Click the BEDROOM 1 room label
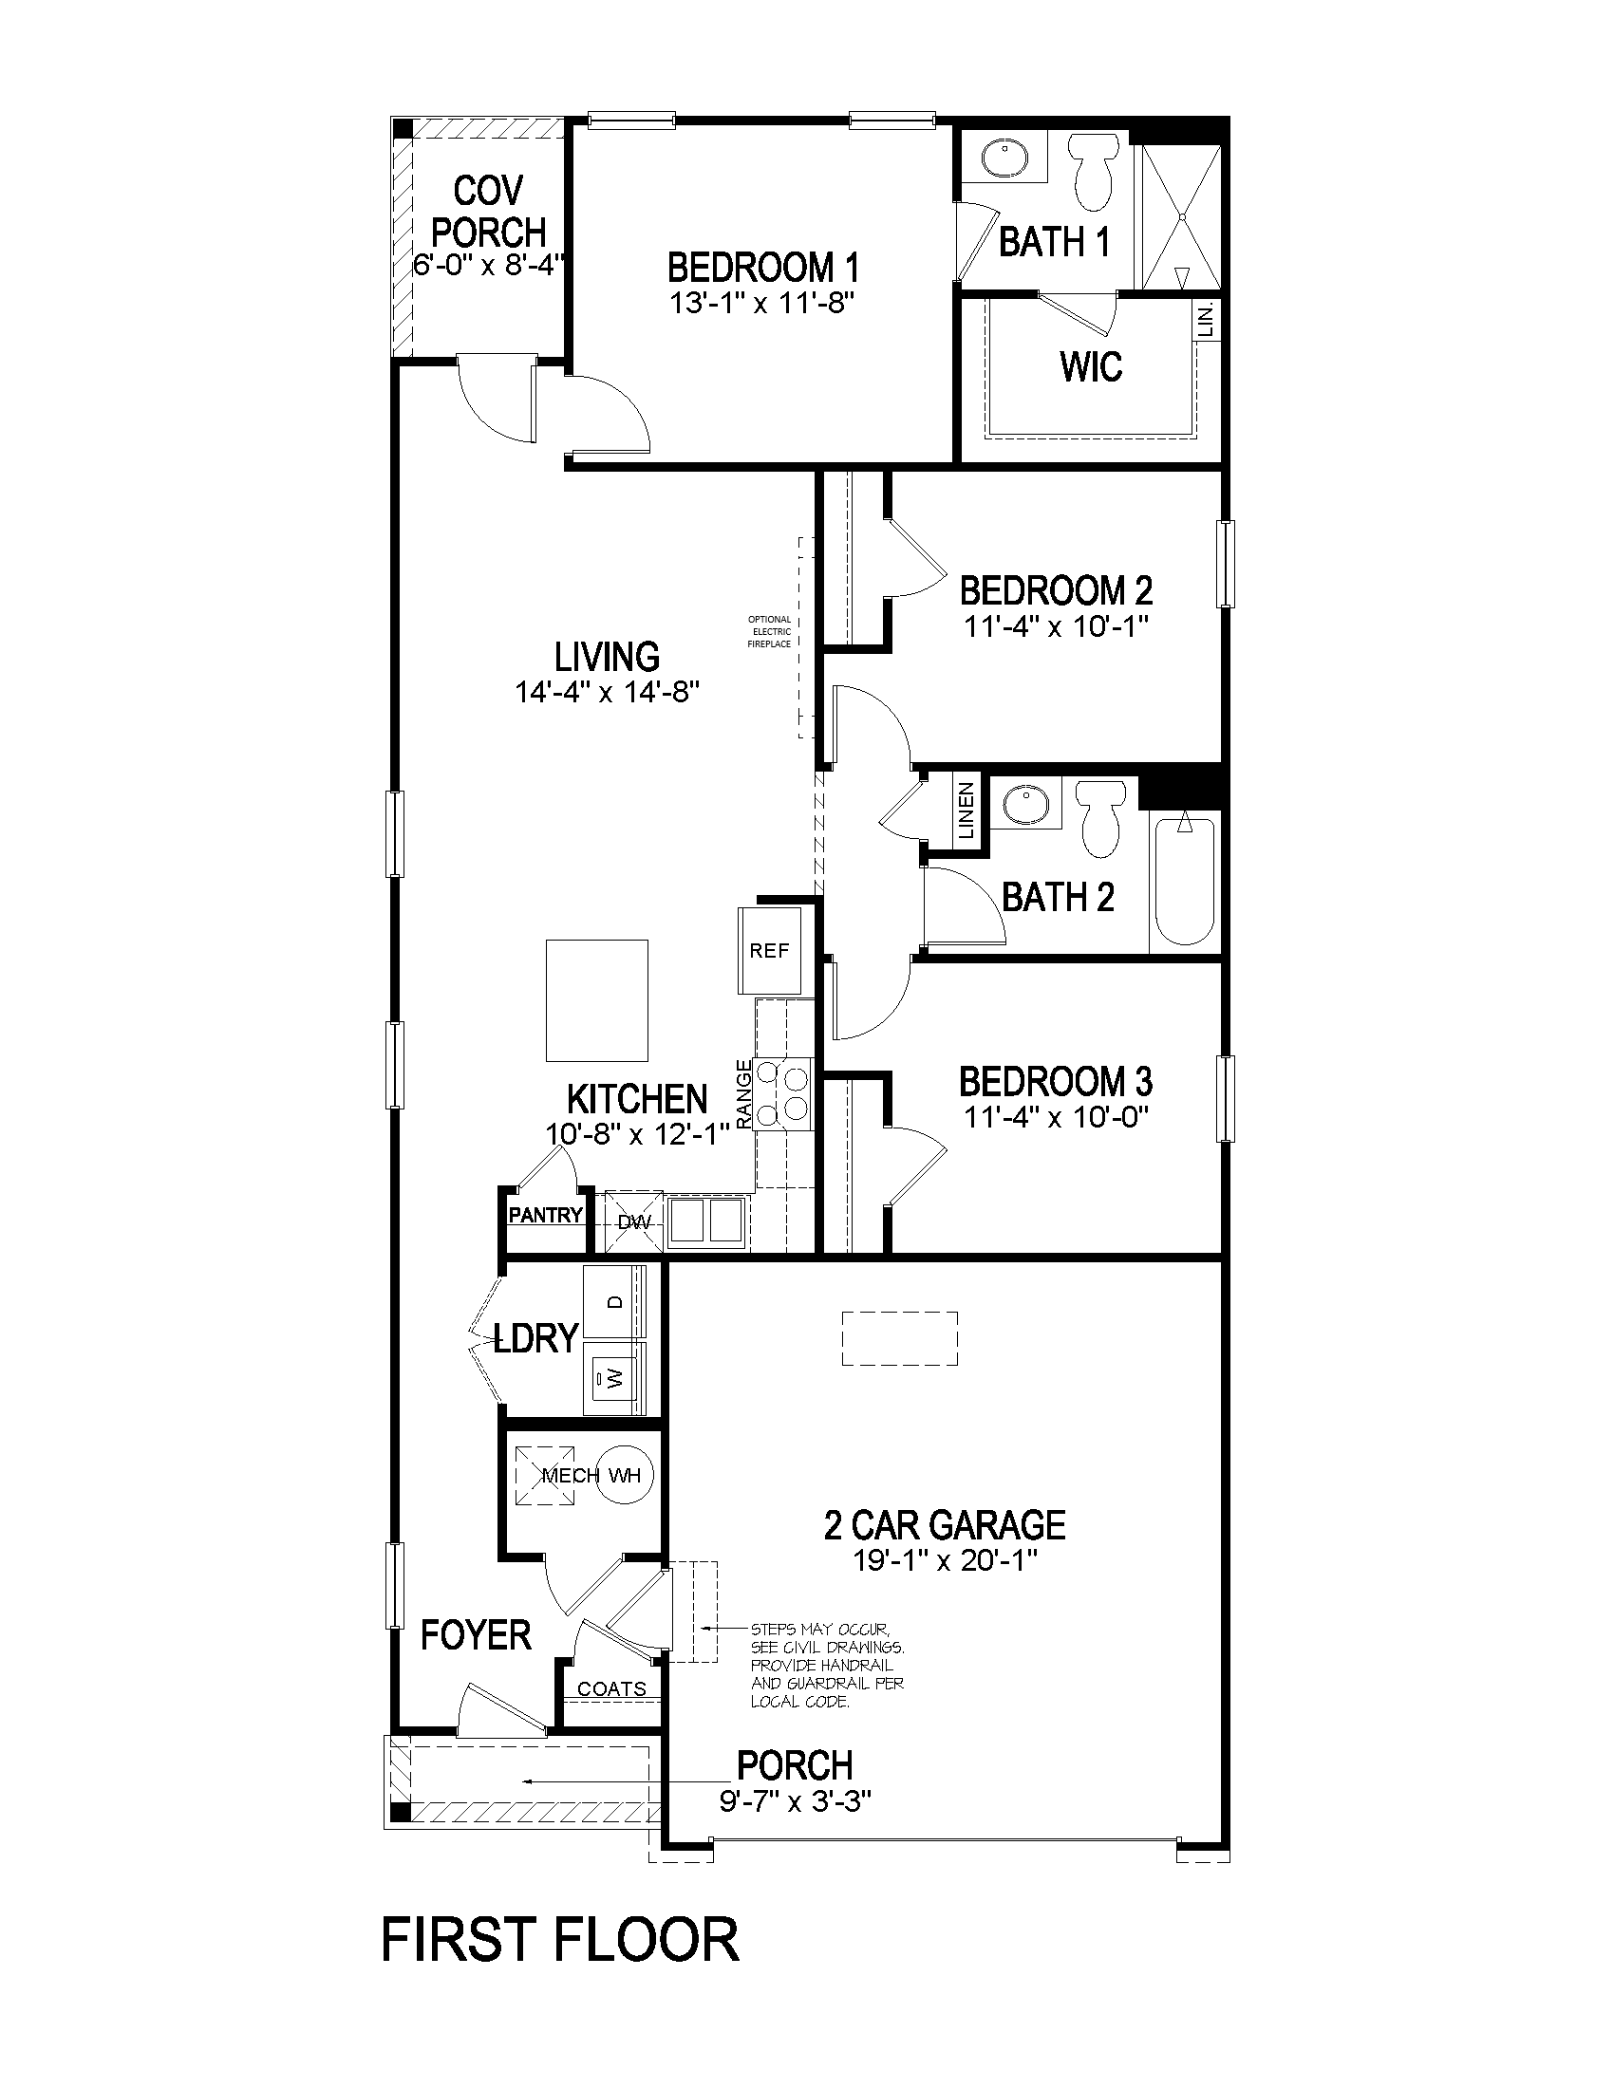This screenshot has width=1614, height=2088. tap(762, 267)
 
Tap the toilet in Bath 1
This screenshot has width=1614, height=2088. tap(1096, 171)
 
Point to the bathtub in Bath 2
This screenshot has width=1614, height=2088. tap(1185, 880)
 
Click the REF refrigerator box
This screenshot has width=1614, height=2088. tap(770, 950)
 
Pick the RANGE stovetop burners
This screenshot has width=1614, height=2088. tap(783, 1093)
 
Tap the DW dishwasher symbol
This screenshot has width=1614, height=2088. tap(633, 1221)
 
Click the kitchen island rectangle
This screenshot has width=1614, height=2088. tap(596, 1000)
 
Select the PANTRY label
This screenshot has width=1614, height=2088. tap(545, 1215)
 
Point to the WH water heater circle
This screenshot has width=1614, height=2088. tap(627, 1475)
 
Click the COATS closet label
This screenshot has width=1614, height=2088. tap(612, 1689)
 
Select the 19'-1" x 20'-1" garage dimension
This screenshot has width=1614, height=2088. tap(945, 1562)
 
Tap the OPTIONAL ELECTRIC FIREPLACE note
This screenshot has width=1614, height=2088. tap(770, 632)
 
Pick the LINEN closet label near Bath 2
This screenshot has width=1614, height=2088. tap(967, 811)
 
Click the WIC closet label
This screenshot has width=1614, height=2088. tap(1091, 366)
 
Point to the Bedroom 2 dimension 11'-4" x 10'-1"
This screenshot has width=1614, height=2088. tap(1056, 626)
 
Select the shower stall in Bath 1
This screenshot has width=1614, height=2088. tap(1182, 216)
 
